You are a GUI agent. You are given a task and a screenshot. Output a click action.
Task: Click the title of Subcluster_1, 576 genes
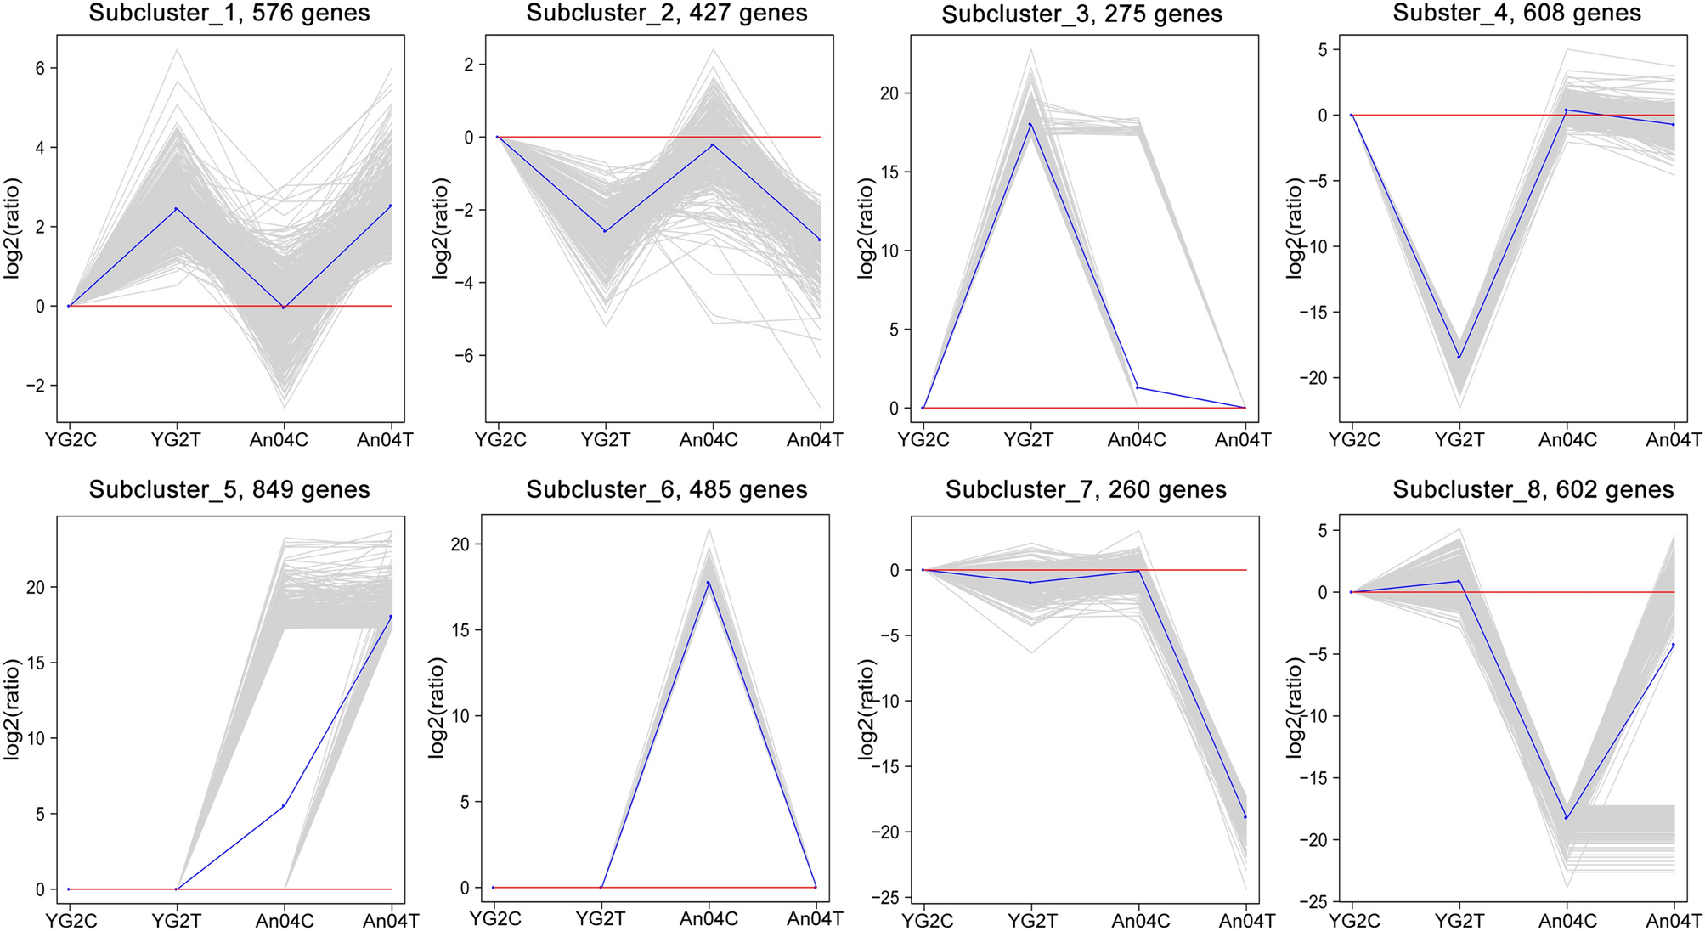coord(229,14)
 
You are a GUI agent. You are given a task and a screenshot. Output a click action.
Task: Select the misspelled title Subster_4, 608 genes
coord(1516,14)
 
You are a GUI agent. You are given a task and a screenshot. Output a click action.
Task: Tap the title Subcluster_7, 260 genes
coord(1086,490)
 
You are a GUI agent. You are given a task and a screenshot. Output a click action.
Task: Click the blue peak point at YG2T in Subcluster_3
coord(1030,124)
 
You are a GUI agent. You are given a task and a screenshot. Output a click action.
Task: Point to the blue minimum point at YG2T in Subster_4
coord(1459,357)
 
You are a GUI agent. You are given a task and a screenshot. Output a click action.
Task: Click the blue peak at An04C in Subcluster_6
coord(709,582)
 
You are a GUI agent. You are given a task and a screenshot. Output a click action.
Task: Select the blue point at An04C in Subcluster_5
coord(284,805)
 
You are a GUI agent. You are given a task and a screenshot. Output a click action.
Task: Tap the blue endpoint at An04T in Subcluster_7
coord(1246,817)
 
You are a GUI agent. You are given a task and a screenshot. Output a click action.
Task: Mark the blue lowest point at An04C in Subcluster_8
coord(1567,818)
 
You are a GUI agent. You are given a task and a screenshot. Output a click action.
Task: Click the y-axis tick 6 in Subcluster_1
coord(40,69)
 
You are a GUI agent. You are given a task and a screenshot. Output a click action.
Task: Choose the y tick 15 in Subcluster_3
coord(889,172)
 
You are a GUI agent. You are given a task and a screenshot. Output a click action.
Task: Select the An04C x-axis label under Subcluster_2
coord(709,440)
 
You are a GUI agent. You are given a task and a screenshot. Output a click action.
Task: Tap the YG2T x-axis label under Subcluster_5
coord(177,921)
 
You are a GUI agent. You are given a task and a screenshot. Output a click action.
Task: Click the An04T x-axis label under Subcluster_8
coord(1674,921)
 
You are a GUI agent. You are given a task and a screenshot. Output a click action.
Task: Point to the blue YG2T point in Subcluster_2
coord(605,231)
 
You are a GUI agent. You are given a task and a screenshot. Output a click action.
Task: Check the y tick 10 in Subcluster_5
coord(36,738)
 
